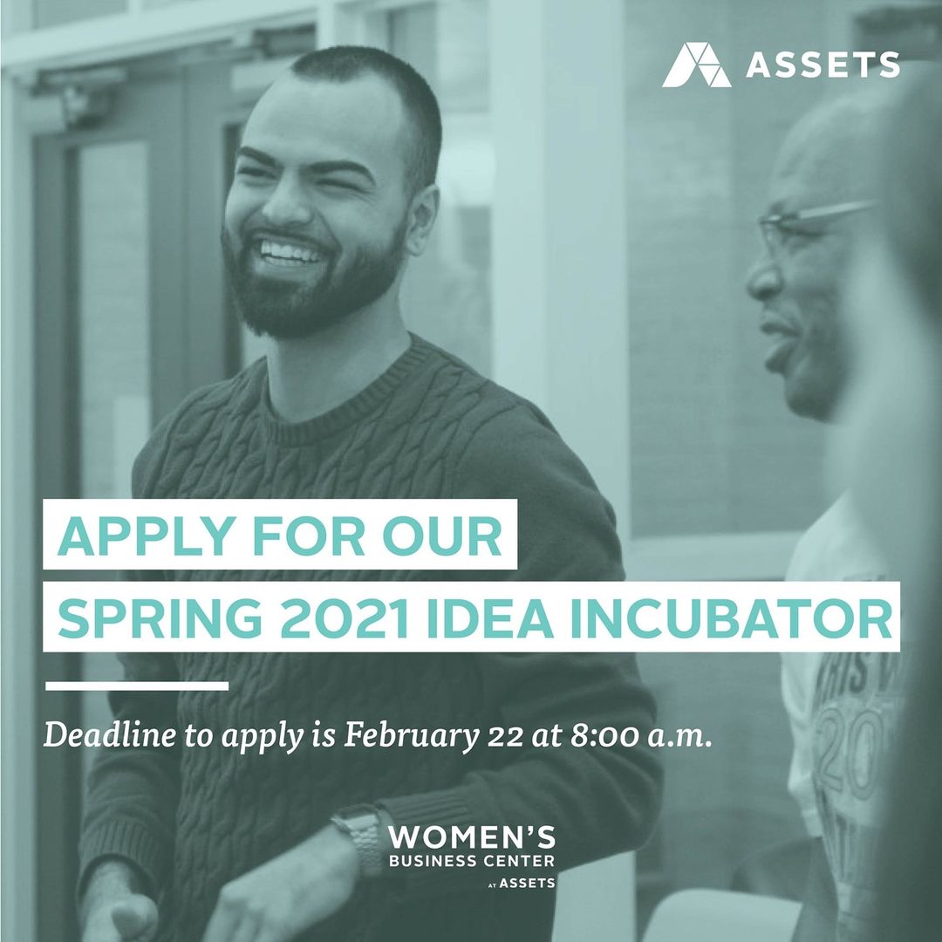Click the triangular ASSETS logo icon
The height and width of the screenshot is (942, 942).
coord(696,65)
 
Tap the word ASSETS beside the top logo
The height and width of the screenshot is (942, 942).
coord(823,65)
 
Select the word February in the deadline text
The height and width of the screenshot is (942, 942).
coord(411,736)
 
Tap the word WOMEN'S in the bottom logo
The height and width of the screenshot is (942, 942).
coord(472,837)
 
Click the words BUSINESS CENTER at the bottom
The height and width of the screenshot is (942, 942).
coord(472,861)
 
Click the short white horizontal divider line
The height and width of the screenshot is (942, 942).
coord(137,686)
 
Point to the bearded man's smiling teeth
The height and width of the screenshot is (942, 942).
coord(289,252)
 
